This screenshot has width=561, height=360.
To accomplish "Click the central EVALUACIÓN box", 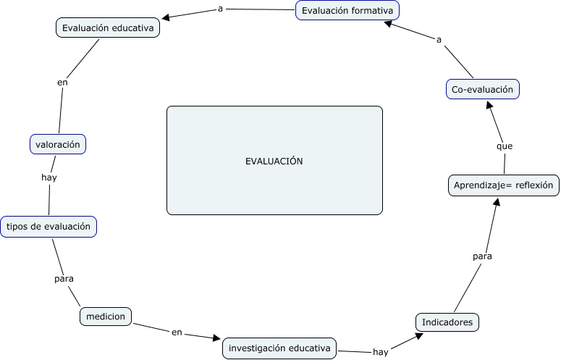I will (274, 161).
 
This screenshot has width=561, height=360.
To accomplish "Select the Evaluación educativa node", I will (108, 28).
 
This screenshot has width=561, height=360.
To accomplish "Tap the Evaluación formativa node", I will (348, 11).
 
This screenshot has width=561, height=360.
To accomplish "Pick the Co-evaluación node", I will (482, 89).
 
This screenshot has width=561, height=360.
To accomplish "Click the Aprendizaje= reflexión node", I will (503, 185).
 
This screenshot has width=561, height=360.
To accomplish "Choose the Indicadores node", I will (447, 322).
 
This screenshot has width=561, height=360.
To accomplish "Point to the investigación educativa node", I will (279, 348).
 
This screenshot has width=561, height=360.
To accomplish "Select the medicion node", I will (106, 317).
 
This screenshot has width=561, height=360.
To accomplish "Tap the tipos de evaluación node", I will (48, 226).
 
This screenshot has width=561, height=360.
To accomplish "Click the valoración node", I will (58, 144).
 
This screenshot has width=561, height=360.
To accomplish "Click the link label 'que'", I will (505, 146).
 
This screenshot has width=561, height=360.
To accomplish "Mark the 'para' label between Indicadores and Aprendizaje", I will (483, 256).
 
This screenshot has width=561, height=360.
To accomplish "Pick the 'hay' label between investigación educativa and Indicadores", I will (380, 352).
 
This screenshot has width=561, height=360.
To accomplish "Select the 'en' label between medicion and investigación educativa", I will (177, 332).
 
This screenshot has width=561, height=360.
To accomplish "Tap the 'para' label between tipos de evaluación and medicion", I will (64, 278).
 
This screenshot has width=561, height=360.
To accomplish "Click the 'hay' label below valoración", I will (49, 177).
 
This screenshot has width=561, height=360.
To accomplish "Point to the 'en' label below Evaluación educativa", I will (62, 83).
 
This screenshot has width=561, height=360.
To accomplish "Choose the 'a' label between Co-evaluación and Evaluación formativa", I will (439, 40).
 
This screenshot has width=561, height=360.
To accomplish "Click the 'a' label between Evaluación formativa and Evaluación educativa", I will (220, 9).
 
